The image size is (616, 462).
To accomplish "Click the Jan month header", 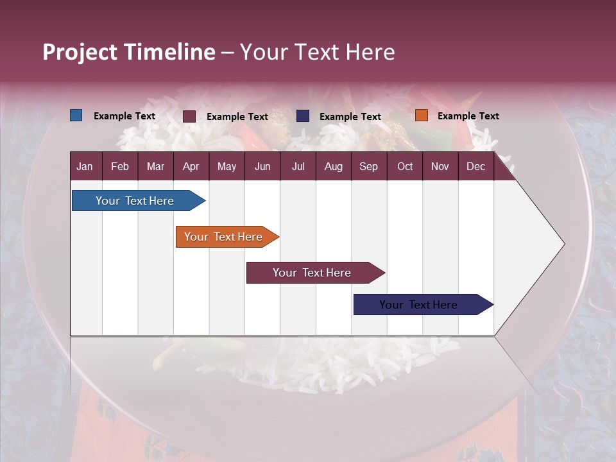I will tap(85, 166).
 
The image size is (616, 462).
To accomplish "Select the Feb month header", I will tap(120, 166).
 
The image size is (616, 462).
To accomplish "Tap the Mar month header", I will tap(155, 166).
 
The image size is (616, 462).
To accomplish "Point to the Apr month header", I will tap(191, 166).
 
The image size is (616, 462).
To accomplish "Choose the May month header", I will tap(227, 166).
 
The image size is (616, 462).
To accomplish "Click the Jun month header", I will tap(262, 166).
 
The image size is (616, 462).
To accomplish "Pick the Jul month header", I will tap(298, 166).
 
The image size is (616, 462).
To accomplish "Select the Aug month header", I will tap(333, 166).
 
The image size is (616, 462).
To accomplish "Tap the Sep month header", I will tap(368, 166).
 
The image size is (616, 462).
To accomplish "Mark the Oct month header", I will tap(405, 166).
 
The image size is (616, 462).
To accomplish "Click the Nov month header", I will tap(440, 166).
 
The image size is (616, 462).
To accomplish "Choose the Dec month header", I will tap(475, 166).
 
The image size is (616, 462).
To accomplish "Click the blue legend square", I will tap(76, 116).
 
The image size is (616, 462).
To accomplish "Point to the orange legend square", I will tap(421, 116).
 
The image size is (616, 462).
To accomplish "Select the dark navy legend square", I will tap(303, 116).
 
